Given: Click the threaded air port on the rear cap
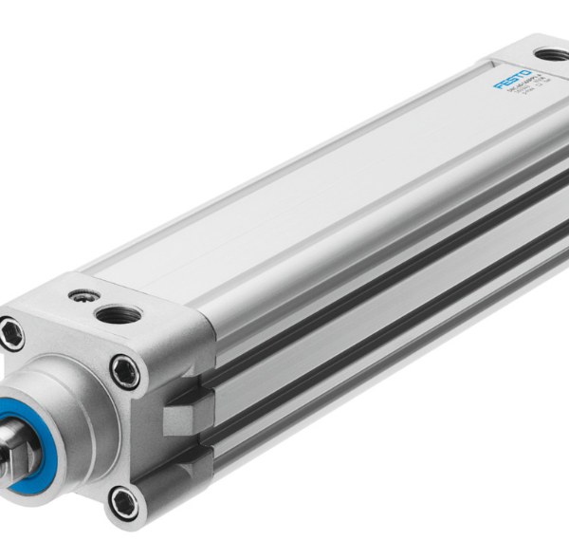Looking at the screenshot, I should tap(550, 55).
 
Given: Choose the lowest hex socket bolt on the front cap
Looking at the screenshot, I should tap(123, 500).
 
